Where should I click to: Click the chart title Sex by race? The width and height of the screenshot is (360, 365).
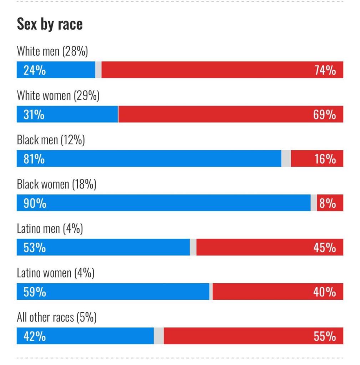click(50, 24)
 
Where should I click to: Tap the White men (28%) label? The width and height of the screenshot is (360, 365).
click(52, 51)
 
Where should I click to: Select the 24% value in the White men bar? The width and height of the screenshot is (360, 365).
click(35, 70)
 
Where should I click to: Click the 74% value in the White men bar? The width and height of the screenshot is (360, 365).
click(325, 70)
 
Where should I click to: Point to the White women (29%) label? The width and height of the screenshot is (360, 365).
click(58, 96)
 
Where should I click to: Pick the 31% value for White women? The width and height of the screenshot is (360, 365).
click(34, 115)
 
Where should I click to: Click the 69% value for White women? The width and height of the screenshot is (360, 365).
click(325, 115)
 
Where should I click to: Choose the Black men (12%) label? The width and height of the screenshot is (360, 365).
click(51, 140)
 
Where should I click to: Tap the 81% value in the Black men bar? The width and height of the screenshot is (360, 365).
click(34, 159)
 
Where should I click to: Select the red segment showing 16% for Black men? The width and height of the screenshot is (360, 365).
click(317, 159)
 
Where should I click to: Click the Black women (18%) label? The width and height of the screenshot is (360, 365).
click(56, 184)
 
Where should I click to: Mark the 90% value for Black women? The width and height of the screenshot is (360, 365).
click(35, 203)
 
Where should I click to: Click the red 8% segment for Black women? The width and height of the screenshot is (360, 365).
click(330, 203)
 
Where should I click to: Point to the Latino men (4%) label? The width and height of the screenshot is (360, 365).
click(50, 229)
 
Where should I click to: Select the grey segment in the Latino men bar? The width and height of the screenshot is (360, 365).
click(193, 247)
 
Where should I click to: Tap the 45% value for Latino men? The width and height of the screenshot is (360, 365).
click(325, 247)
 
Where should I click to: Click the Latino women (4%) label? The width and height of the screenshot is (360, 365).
click(55, 273)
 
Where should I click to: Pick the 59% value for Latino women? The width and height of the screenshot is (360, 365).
click(35, 292)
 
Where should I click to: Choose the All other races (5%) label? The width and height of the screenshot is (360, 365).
click(57, 317)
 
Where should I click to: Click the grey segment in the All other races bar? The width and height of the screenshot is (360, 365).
click(159, 336)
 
